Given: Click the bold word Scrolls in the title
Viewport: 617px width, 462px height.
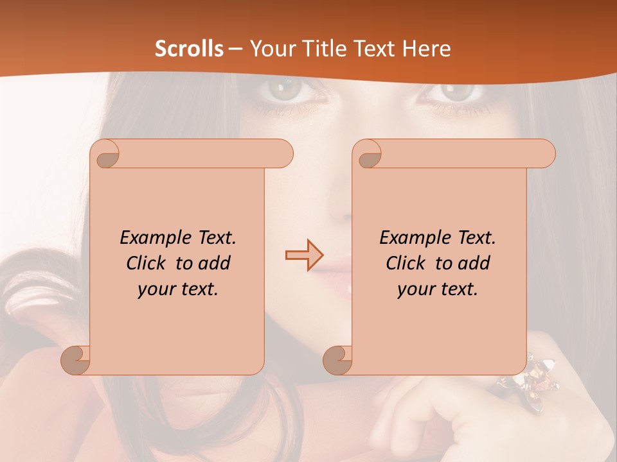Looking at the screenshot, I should pos(190,49).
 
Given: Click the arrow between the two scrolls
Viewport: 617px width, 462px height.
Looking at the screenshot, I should pos(303,255).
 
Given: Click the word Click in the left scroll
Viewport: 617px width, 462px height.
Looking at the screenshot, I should pos(147,263).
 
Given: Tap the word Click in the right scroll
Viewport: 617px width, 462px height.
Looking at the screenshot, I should pos(406,263).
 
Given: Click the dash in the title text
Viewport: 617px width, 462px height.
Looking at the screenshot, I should pos(235,49).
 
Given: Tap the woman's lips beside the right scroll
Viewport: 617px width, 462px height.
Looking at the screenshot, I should pos(341,269).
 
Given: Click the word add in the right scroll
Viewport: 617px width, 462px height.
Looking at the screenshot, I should pos(475,263).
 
